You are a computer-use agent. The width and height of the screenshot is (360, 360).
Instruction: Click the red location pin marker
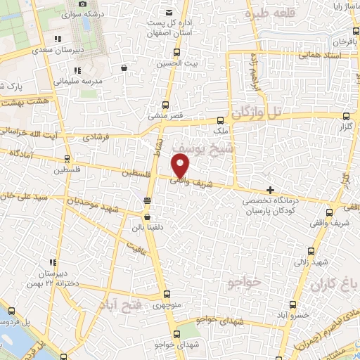[181, 165]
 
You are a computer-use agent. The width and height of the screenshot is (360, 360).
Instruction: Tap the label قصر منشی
[166, 114]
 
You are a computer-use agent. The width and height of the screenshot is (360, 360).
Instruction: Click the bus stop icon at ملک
[221, 120]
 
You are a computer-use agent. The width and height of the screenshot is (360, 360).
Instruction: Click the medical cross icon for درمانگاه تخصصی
[270, 190]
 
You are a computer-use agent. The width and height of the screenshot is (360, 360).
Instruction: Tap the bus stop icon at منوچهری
[166, 295]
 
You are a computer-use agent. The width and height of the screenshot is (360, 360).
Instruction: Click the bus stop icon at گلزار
[344, 117]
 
